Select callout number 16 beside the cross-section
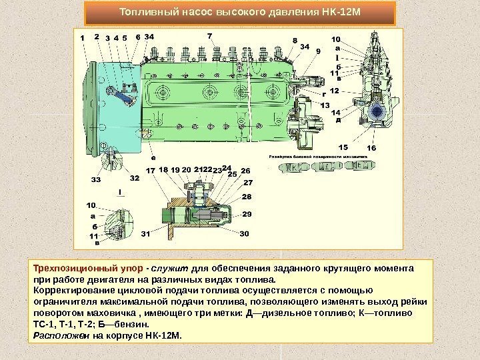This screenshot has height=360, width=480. point(371,147)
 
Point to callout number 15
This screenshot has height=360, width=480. point(343,146)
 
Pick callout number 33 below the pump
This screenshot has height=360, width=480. point(96,179)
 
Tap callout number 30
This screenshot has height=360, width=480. point(244,234)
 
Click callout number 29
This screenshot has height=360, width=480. point(248,215)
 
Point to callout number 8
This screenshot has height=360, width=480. point(295,41)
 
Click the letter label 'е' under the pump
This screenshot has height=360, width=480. point(153,159)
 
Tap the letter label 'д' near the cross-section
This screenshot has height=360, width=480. point(337,121)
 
